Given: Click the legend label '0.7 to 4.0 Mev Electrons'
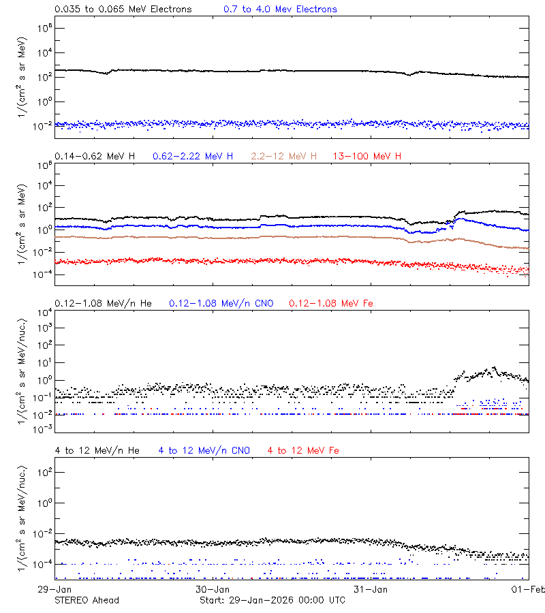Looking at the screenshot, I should (x=280, y=10).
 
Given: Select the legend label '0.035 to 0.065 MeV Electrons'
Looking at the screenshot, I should (x=123, y=10).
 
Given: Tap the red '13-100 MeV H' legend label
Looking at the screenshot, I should (x=367, y=157).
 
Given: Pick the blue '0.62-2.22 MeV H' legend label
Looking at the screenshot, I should (x=193, y=157).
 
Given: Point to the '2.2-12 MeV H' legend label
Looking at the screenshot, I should (x=284, y=157).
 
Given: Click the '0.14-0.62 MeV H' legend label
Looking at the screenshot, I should (x=95, y=157).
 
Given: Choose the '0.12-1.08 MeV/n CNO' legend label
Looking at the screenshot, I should (x=221, y=303).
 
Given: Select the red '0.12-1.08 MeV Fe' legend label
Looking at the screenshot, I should (x=331, y=303).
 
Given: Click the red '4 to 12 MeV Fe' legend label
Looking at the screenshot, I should (x=303, y=451).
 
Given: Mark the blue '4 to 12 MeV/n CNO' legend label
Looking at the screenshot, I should (x=204, y=451).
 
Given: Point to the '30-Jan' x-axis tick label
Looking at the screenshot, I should (x=212, y=589).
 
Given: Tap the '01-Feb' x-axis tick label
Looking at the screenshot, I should (x=527, y=589).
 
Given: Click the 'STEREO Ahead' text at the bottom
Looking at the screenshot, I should (x=87, y=600).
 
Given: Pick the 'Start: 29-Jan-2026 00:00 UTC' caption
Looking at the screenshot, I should (x=272, y=600).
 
